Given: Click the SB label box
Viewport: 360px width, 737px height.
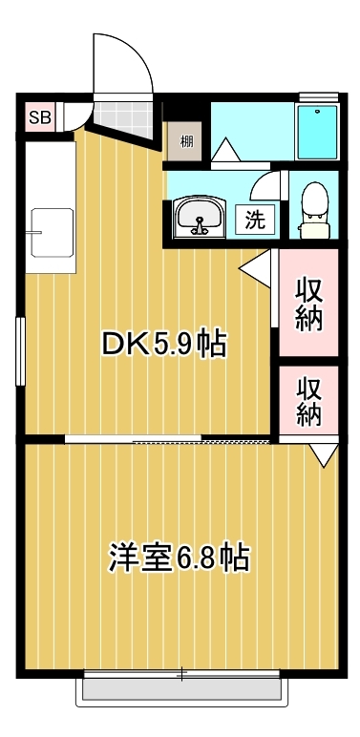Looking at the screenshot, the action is (40, 117).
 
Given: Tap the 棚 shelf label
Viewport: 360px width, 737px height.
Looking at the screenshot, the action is (186, 141).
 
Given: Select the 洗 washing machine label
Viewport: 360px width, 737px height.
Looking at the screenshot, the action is (255, 219).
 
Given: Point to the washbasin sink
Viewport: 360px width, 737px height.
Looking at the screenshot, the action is (200, 218).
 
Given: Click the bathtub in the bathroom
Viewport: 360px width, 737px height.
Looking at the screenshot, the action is (317, 132).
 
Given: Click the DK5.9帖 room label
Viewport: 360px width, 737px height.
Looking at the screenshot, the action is (164, 345).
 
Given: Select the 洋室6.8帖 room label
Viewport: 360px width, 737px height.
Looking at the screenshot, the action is (180, 557).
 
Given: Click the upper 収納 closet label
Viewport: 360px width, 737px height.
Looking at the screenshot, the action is (308, 305).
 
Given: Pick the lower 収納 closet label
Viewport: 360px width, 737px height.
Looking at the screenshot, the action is (308, 401).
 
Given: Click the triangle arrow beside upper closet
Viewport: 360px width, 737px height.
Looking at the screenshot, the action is (255, 268).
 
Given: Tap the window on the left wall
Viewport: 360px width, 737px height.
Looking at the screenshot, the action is (20, 351).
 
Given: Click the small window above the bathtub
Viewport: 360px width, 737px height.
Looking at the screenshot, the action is (319, 96).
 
